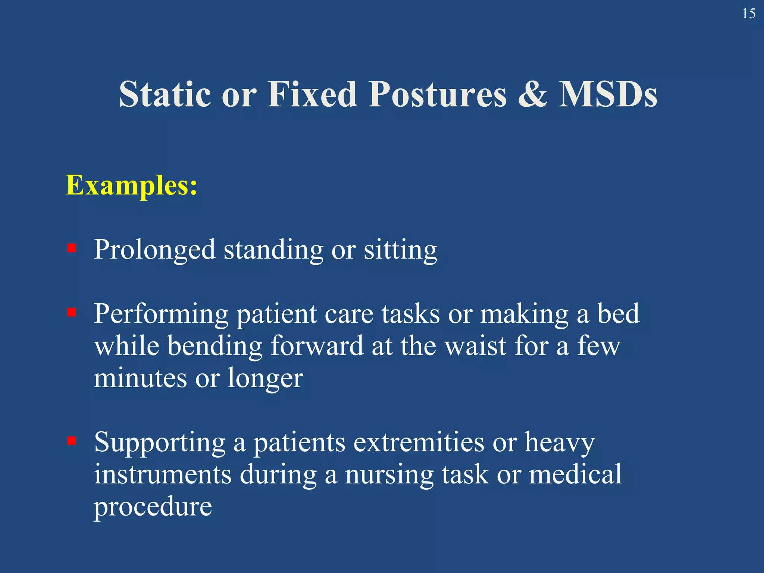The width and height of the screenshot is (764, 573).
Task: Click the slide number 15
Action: coord(748,14)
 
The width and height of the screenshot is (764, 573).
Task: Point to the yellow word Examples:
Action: coord(131,185)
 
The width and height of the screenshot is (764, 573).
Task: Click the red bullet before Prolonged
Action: coord(72,248)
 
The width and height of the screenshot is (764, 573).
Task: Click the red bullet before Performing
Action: coord(72,312)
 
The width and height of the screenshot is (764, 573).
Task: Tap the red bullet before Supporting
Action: coord(72,441)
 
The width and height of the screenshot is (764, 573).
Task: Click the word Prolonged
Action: coord(154,250)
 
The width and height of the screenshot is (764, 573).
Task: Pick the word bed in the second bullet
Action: coord(618,314)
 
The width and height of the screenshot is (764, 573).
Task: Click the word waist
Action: coord(476,346)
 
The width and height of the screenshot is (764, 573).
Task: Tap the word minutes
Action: coord(140,378)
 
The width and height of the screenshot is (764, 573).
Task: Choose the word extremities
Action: coord(418,442)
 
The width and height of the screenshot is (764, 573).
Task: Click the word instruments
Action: coord(162,475)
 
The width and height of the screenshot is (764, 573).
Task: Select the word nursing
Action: coord(389,475)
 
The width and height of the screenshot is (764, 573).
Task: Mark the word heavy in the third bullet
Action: coord(560,443)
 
